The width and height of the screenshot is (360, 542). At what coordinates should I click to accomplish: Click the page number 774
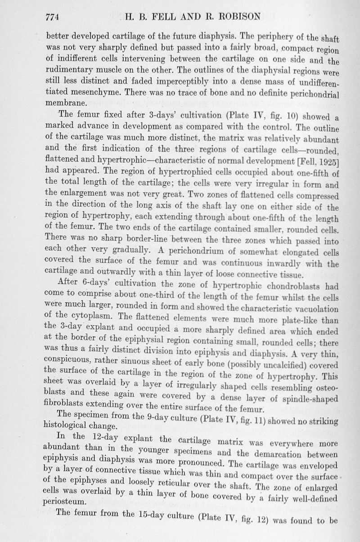[x=53, y=17]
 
